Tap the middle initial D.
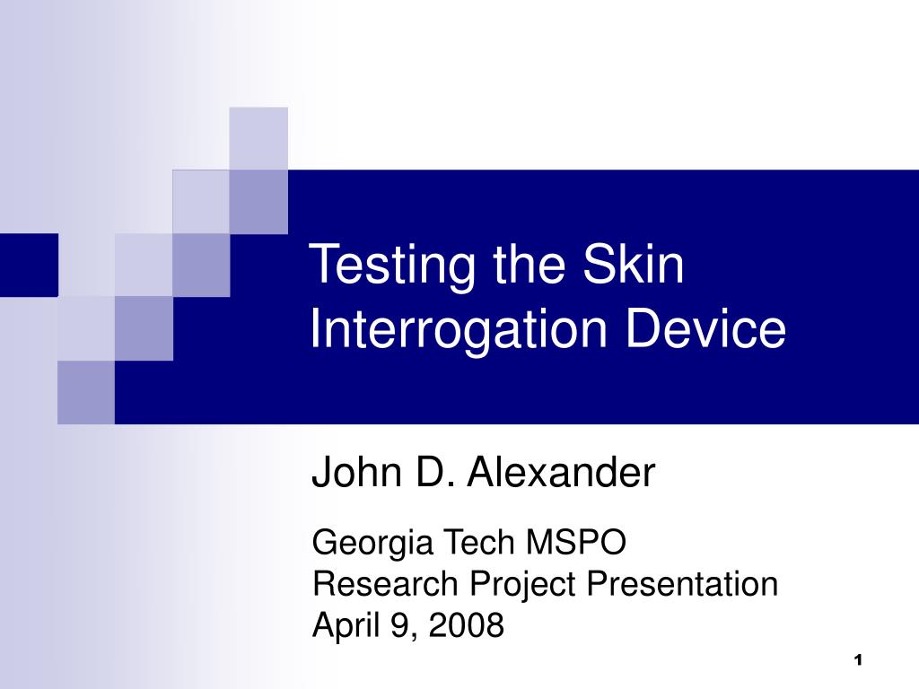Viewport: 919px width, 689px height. [x=431, y=473]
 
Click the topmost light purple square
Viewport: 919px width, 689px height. [x=258, y=137]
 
